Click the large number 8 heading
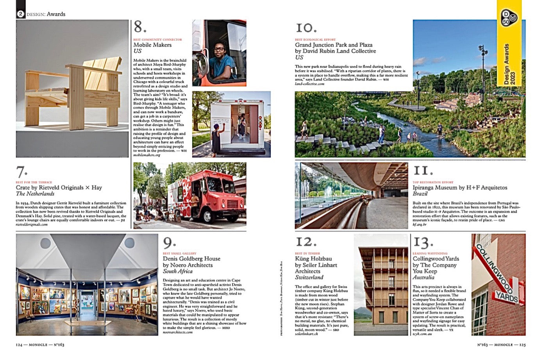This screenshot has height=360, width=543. [x=140, y=27]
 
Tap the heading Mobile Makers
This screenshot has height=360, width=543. [x=152, y=45]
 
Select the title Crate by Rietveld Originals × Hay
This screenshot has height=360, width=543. [x=59, y=187]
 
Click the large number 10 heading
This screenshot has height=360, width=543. [x=306, y=28]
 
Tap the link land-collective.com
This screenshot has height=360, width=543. [x=309, y=84]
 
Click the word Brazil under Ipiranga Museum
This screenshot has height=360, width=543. [x=420, y=194]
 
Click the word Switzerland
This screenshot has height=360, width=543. [x=309, y=278]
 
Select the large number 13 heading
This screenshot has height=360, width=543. [x=423, y=242]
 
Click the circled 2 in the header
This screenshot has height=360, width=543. [x=20, y=14]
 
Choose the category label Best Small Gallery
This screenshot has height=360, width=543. [x=179, y=253]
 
